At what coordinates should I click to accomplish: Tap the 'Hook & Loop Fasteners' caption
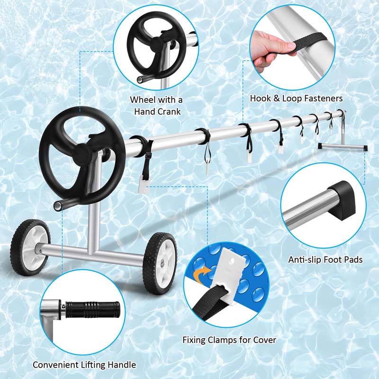click(x=296, y=99)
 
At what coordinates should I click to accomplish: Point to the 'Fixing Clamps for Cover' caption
click(x=229, y=340)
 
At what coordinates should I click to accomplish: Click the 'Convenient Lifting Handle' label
click(x=84, y=364)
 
